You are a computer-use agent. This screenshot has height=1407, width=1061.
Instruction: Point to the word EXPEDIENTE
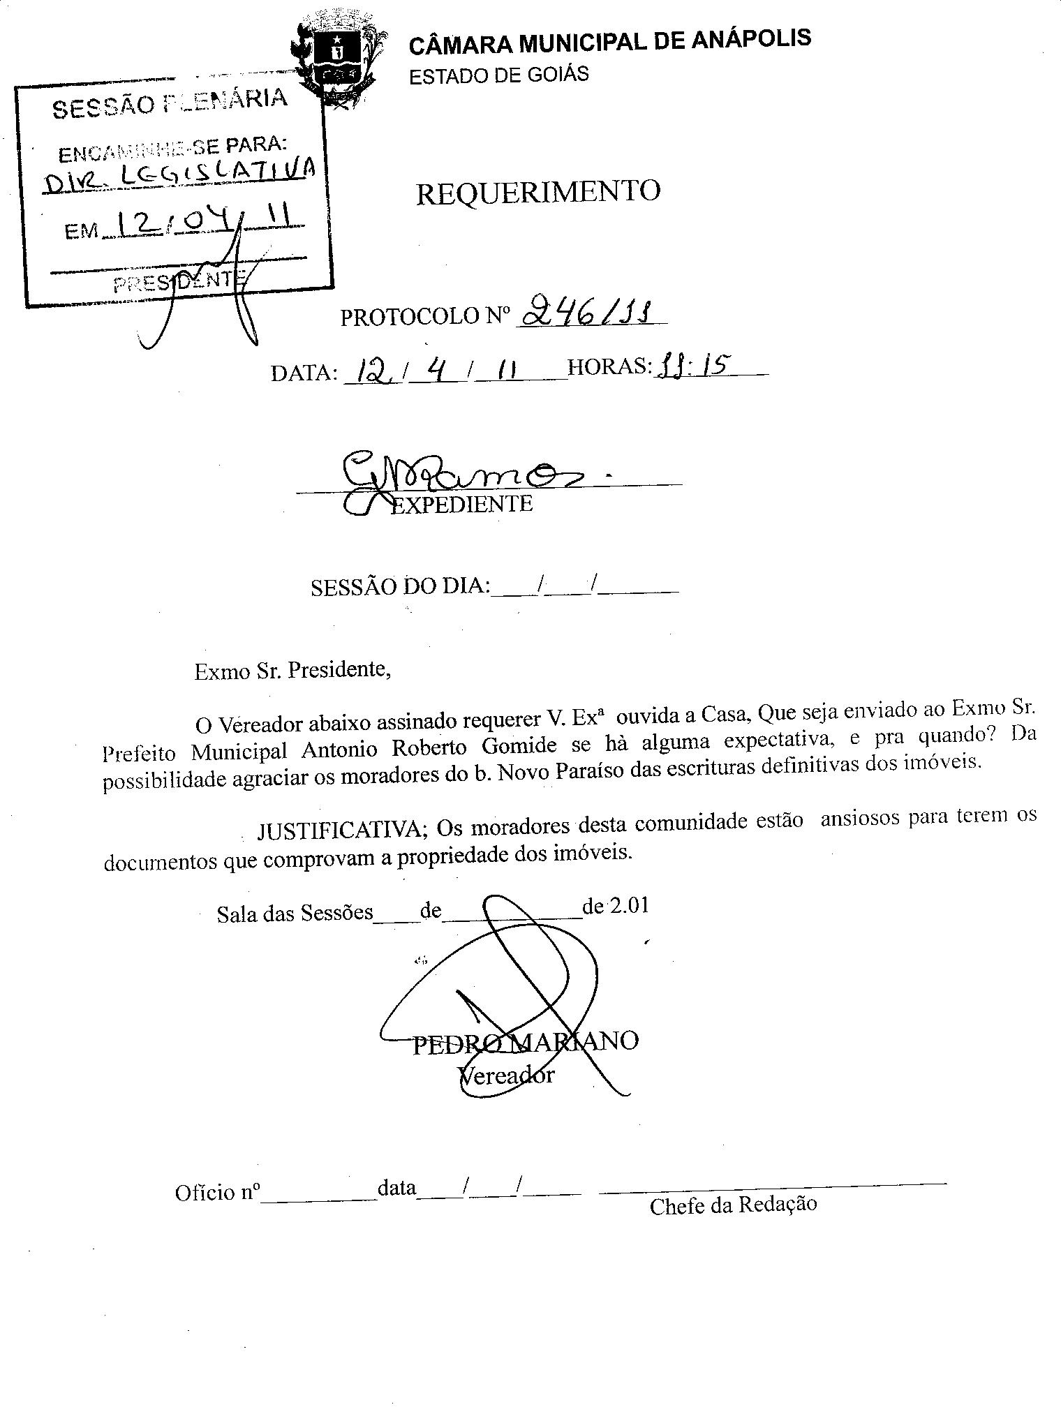click(x=461, y=503)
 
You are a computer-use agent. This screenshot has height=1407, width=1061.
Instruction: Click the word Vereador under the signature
click(x=506, y=1075)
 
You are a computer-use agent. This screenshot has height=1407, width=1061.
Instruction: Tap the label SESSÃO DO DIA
click(x=399, y=586)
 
